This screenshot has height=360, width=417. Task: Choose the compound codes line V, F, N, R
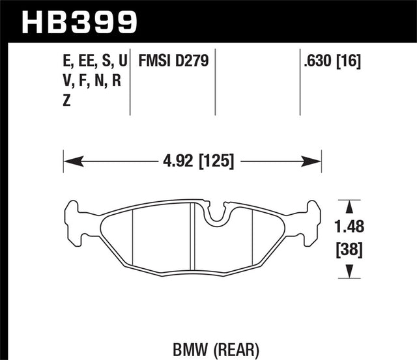[x=92, y=81]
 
